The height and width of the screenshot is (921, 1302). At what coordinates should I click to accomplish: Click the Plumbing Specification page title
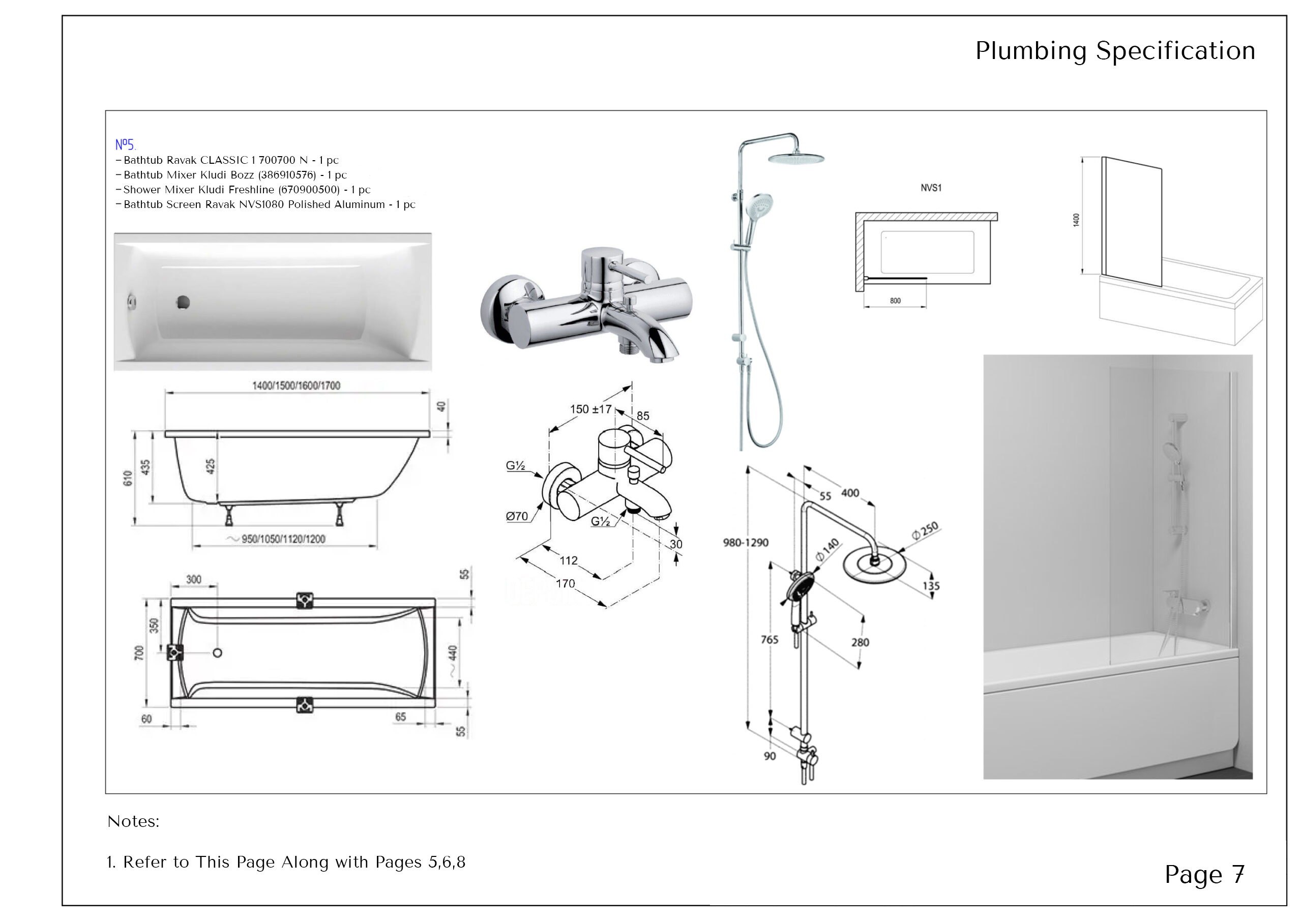pyautogui.click(x=1115, y=51)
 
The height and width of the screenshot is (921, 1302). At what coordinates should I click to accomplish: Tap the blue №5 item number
pyautogui.click(x=125, y=144)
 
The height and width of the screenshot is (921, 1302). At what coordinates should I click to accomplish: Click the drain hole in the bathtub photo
pyautogui.click(x=183, y=303)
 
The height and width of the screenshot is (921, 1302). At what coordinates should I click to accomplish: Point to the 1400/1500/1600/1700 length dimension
pyautogui.click(x=296, y=386)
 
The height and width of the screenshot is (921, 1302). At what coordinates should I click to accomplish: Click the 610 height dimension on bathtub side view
pyautogui.click(x=128, y=478)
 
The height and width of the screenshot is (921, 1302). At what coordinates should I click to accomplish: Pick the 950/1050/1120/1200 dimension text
pyautogui.click(x=283, y=539)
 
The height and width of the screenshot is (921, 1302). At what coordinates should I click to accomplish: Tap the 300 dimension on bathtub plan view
pyautogui.click(x=193, y=580)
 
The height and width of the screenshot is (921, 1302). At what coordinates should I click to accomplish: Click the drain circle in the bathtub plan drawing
pyautogui.click(x=217, y=653)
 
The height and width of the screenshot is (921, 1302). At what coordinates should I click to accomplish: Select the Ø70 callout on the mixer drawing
pyautogui.click(x=517, y=517)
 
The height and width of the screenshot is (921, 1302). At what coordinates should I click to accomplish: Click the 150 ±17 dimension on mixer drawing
pyautogui.click(x=590, y=409)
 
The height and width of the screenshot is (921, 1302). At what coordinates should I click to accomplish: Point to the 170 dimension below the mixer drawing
pyautogui.click(x=566, y=583)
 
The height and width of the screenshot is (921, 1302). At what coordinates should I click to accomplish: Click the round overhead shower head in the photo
pyautogui.click(x=795, y=158)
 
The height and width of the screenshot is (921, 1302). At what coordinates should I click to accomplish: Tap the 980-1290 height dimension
pyautogui.click(x=746, y=543)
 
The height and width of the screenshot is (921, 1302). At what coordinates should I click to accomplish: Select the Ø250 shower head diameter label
pyautogui.click(x=925, y=531)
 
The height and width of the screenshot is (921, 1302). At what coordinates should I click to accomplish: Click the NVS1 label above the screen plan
pyautogui.click(x=931, y=188)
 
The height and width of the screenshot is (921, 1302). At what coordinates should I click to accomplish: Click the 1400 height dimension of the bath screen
pyautogui.click(x=1076, y=220)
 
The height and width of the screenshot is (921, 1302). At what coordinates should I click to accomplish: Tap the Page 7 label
pyautogui.click(x=1204, y=875)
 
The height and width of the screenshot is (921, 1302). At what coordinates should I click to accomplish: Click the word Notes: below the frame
pyautogui.click(x=133, y=821)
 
